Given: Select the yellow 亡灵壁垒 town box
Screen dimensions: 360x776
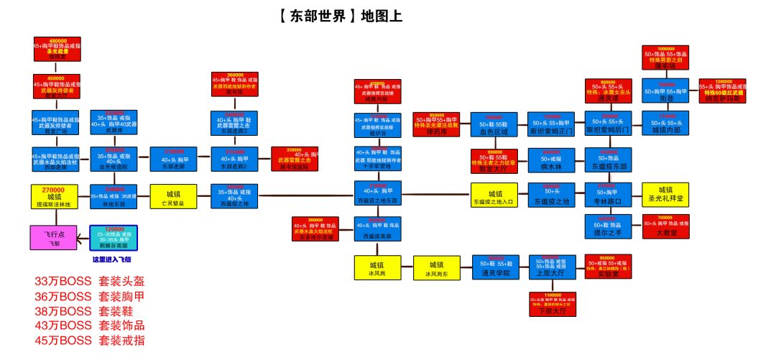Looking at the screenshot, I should pyautogui.click(x=173, y=195).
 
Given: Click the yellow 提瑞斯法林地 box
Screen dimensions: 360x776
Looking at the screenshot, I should pyautogui.click(x=55, y=196).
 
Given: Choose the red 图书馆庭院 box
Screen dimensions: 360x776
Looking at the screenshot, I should pyautogui.click(x=295, y=158).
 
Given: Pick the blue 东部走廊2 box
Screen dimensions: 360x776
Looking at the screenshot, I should pyautogui.click(x=234, y=158).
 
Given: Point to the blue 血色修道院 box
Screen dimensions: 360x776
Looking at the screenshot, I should pyautogui.click(x=114, y=158).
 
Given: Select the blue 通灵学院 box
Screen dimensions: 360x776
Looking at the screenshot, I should pyautogui.click(x=496, y=267).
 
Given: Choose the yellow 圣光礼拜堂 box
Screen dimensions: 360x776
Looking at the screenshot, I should pyautogui.click(x=665, y=195).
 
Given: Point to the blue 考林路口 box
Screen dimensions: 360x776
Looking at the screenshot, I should pyautogui.click(x=608, y=195).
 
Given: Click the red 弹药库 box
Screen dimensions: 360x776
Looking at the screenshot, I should pyautogui.click(x=436, y=124).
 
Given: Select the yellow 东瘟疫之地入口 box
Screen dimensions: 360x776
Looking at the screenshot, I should pyautogui.click(x=495, y=195).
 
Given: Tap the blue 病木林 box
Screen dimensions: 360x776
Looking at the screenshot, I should pyautogui.click(x=552, y=159).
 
